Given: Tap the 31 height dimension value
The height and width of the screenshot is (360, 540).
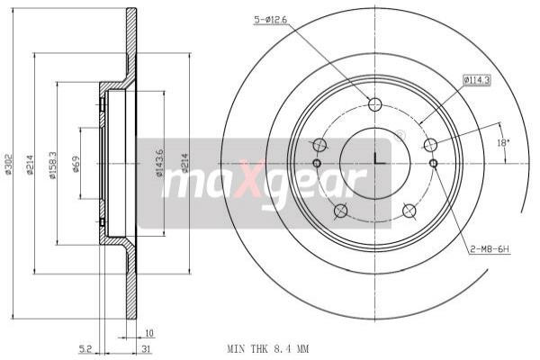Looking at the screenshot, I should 143,348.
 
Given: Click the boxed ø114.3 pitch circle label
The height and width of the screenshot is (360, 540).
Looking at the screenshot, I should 477,79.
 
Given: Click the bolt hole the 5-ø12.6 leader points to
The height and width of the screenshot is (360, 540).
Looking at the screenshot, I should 375,102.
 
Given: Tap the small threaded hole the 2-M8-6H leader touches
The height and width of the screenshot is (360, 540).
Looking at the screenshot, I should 433,163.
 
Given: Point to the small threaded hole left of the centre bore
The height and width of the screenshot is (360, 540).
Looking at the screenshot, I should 317,163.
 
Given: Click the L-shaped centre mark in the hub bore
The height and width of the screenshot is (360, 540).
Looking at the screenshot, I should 378,159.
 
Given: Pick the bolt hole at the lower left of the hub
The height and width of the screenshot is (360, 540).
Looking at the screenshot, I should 340,211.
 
